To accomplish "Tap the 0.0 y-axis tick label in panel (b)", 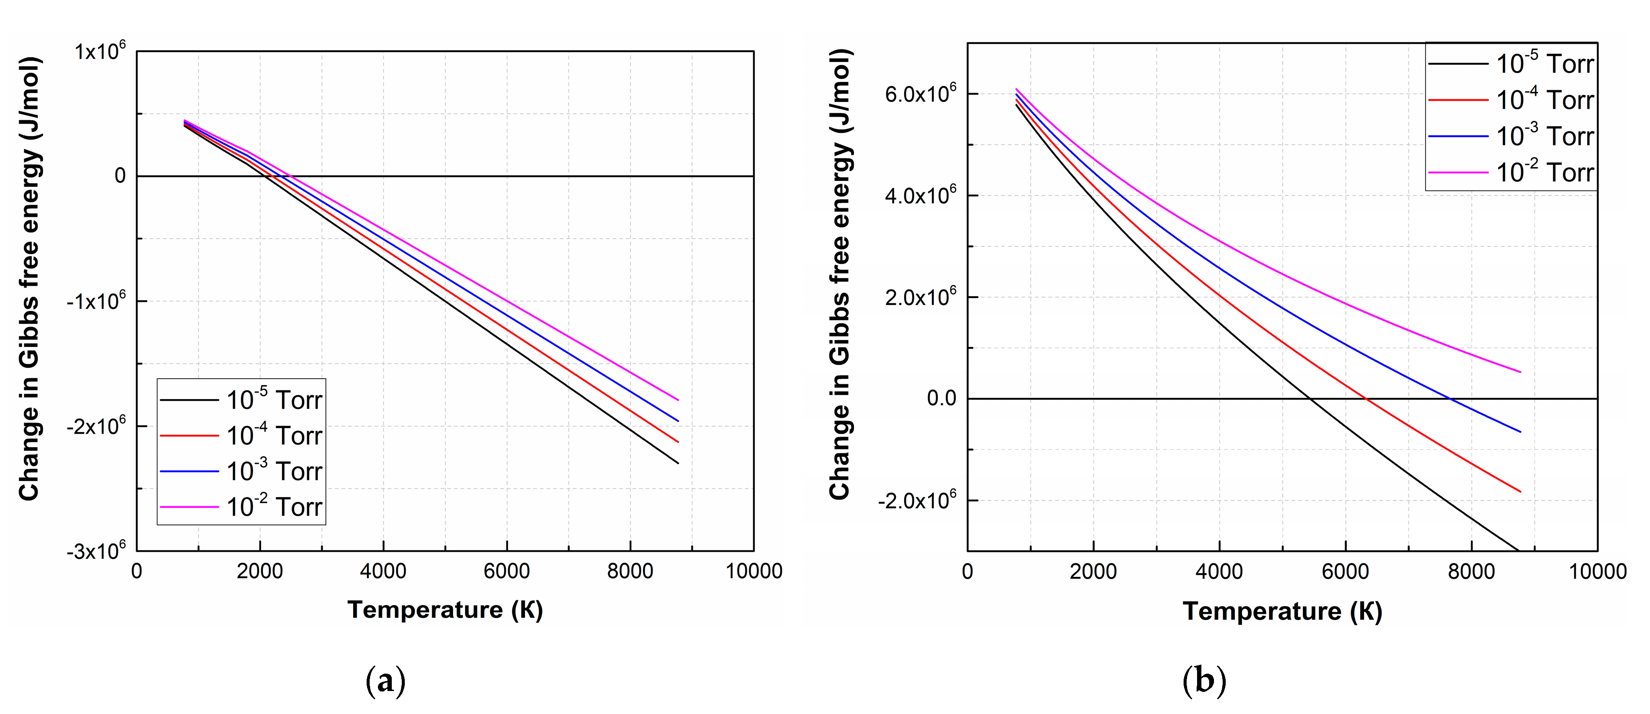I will tap(941, 398).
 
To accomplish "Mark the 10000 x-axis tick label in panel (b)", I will tap(1597, 572).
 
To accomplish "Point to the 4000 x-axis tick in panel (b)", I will tap(1219, 572).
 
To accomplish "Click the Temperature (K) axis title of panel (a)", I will tap(445, 609).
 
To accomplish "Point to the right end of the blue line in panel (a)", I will tap(678, 421).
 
